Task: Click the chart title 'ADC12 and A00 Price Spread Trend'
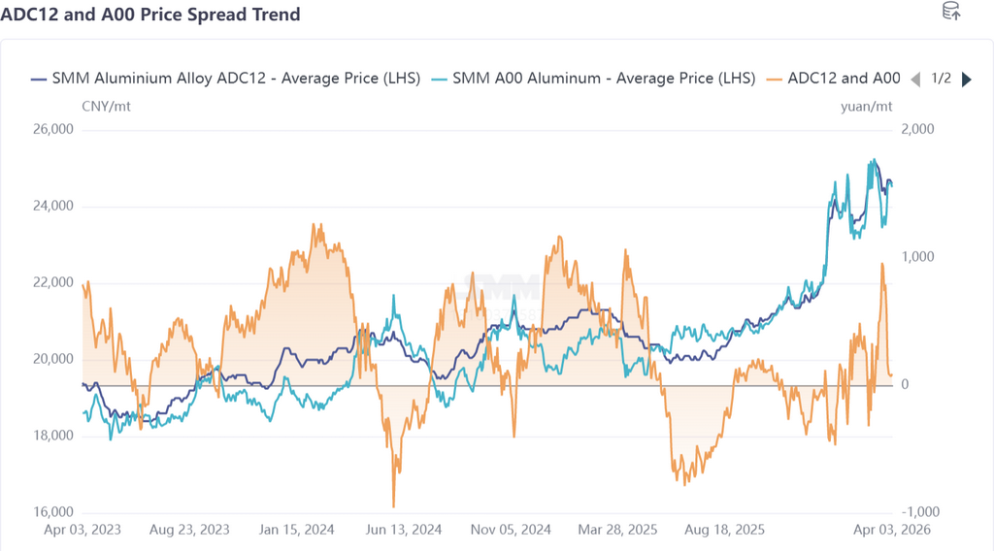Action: click(150, 15)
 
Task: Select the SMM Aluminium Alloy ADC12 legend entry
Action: click(225, 79)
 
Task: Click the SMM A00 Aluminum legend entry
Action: click(593, 79)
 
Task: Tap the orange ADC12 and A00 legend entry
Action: click(833, 79)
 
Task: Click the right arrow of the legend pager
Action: click(966, 80)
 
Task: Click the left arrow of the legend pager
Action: click(914, 80)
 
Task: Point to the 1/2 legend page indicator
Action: click(941, 79)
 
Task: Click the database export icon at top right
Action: click(952, 12)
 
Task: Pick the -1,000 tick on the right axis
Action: click(921, 512)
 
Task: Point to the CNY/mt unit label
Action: click(106, 106)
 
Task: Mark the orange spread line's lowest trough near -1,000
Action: click(393, 505)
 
